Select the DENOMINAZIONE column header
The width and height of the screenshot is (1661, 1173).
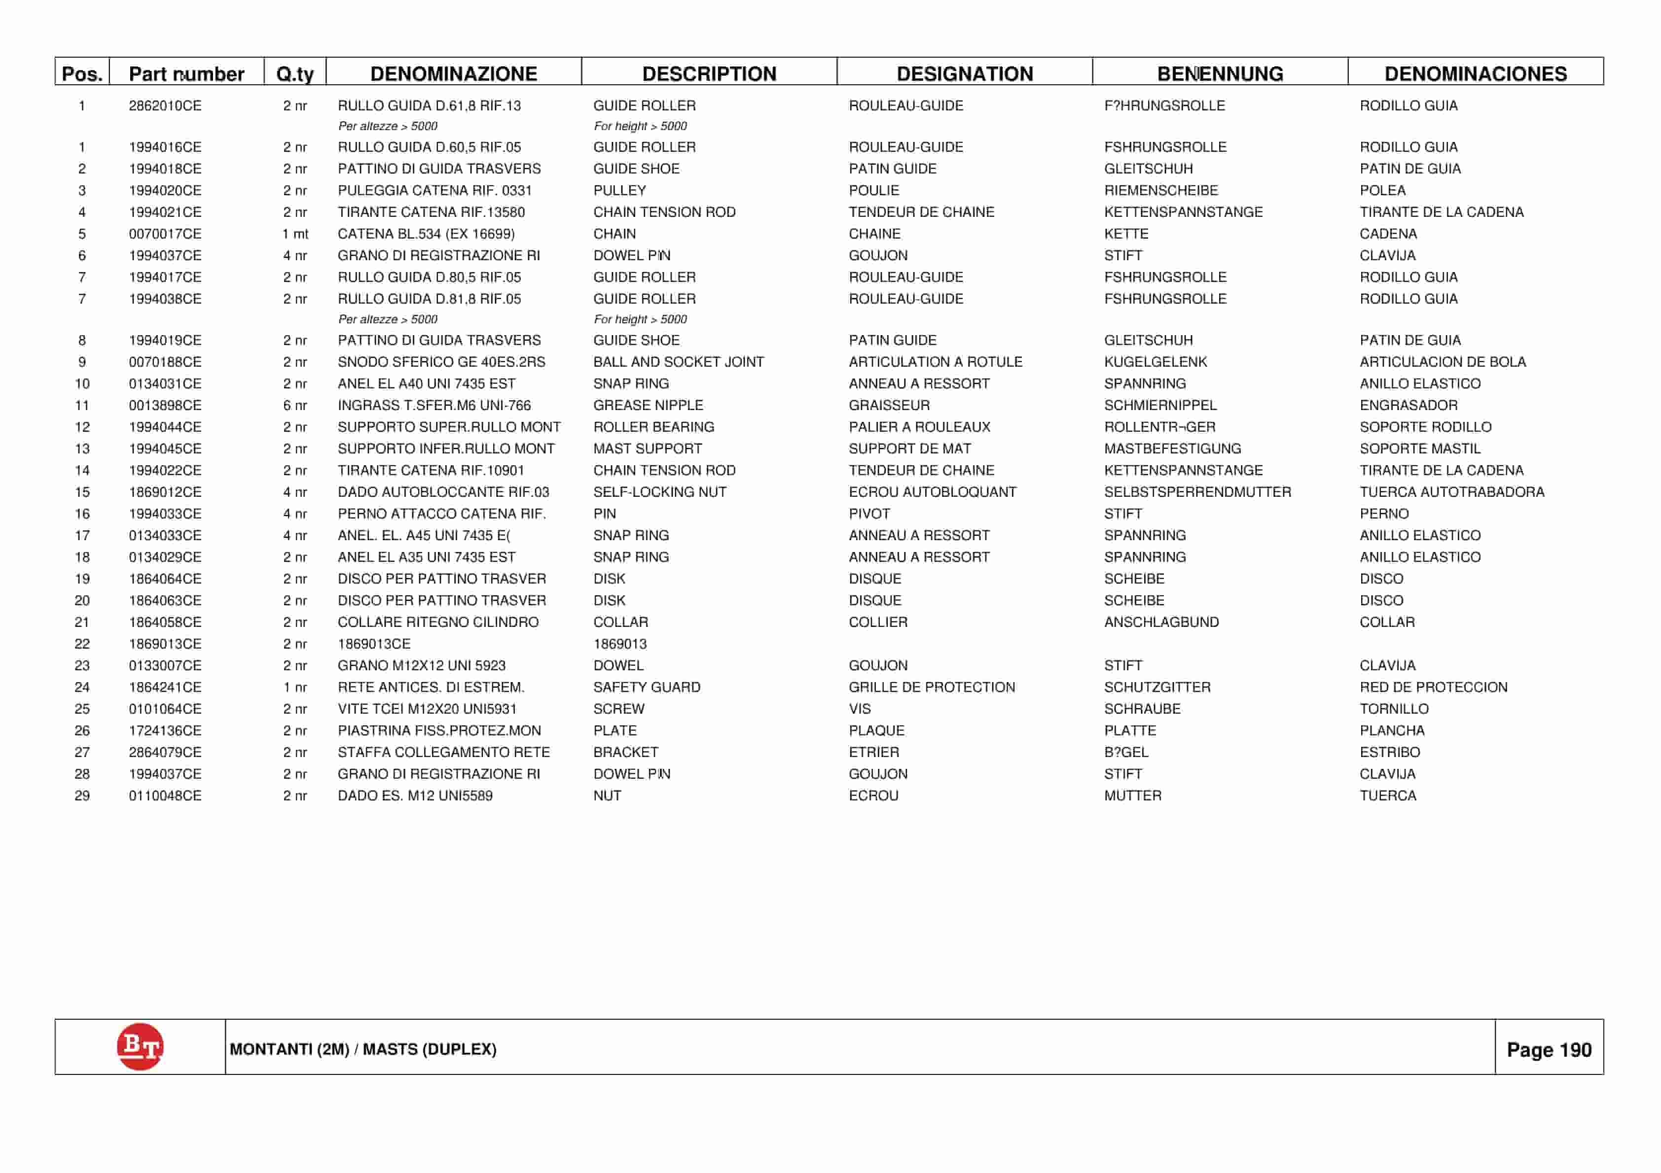pos(454,74)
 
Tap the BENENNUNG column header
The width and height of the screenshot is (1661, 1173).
pos(1220,74)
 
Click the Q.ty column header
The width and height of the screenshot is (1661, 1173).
pos(295,74)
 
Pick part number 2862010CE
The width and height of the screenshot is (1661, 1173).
pos(165,105)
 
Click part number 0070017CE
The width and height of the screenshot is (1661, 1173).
pos(165,234)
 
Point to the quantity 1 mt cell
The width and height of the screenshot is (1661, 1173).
pos(295,234)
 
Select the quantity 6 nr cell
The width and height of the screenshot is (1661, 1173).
pos(295,405)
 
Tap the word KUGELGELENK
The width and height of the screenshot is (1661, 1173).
pos(1155,362)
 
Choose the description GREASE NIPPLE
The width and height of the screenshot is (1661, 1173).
pos(648,405)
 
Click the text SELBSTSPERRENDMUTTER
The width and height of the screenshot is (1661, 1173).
pos(1197,492)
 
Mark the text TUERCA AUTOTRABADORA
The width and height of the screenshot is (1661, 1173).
pos(1452,492)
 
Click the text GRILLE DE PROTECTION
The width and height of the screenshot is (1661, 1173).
pos(932,687)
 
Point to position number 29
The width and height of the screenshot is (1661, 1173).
pos(82,795)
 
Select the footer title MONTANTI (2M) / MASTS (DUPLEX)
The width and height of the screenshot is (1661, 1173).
pos(363,1049)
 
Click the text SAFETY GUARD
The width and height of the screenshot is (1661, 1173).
pos(647,687)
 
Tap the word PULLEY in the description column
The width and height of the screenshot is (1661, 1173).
pos(619,190)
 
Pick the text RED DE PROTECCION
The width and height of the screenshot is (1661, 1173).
pos(1434,687)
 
